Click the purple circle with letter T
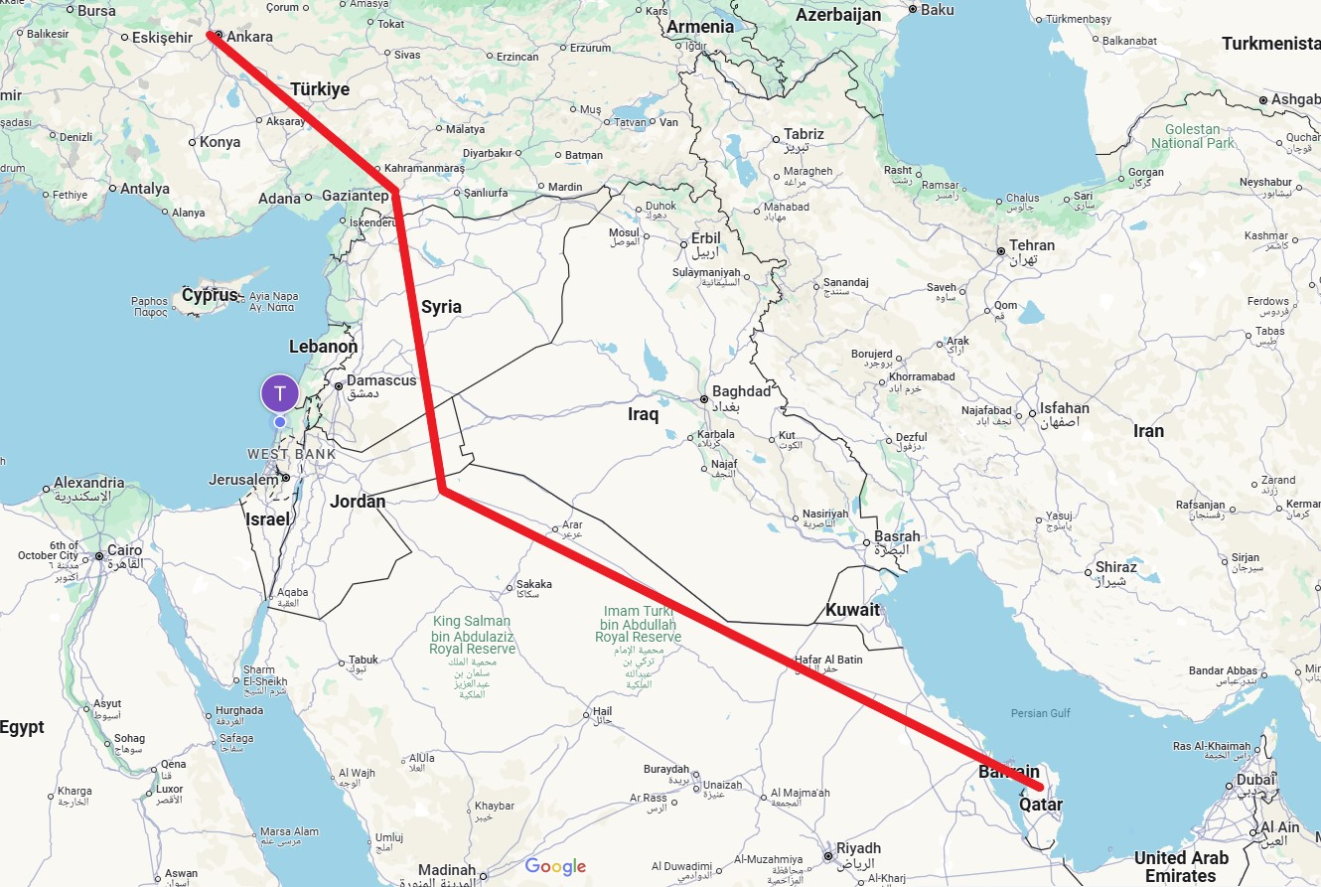pos(280,393)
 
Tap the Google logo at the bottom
pos(555,866)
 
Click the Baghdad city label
pos(741,391)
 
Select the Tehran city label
pos(1032,245)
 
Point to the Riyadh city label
pos(858,848)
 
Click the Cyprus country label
pos(211,295)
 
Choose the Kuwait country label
pos(852,610)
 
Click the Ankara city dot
pos(219,35)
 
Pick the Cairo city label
pos(125,550)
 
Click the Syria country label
pos(441,306)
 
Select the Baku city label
pos(938,10)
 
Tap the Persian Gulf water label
pos(1040,713)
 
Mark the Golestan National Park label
pos(1192,136)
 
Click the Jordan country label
pos(358,502)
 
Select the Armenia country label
pos(700,27)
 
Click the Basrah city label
pos(897,536)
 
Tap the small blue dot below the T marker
pos(280,422)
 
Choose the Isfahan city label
pos(1064,408)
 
